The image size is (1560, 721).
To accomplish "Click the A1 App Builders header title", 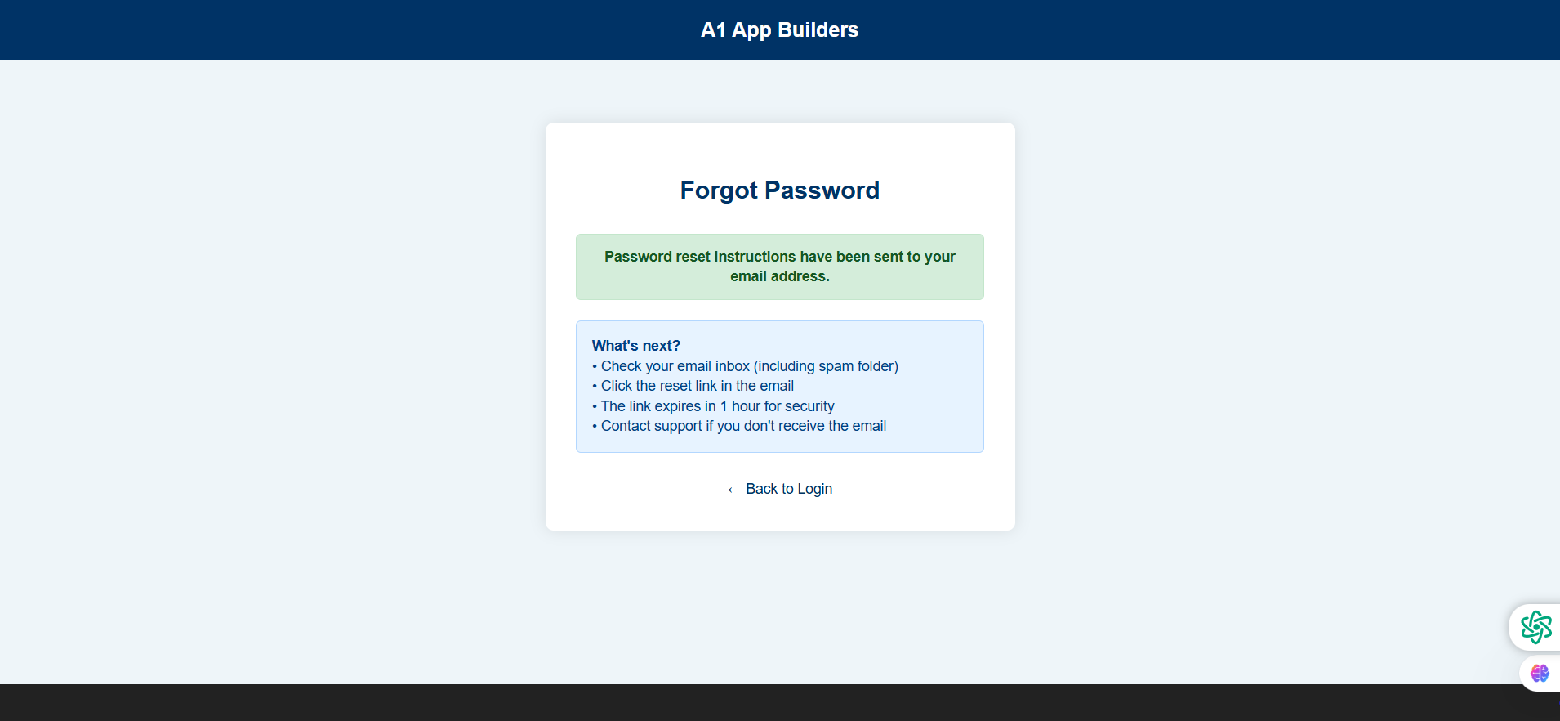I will pos(779,30).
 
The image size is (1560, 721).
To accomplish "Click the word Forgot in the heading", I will pos(719,190).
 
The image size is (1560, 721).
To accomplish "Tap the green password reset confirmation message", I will pos(779,266).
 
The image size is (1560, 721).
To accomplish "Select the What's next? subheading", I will pos(635,346).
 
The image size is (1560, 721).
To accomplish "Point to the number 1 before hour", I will pos(724,406).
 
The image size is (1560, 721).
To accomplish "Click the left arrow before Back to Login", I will pos(734,490).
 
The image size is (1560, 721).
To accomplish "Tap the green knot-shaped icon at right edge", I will pos(1535,627).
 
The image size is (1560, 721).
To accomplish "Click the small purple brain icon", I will pos(1540,673).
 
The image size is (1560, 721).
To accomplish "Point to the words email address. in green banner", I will pos(779,276).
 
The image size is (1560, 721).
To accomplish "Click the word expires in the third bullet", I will pos(677,406).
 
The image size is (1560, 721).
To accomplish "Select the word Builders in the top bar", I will pos(818,30).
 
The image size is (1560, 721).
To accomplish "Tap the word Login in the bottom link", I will pos(814,489).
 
